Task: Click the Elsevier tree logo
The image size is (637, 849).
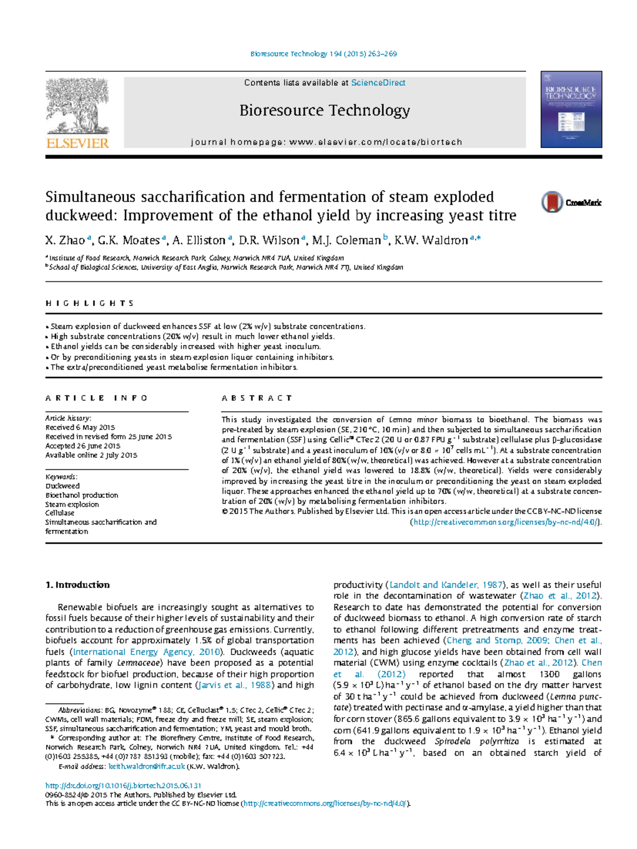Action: click(78, 106)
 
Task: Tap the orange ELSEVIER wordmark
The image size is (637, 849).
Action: click(78, 143)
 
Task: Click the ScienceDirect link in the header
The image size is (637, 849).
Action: click(378, 83)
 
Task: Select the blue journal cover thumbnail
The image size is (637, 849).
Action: click(571, 109)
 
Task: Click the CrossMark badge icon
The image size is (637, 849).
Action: click(552, 202)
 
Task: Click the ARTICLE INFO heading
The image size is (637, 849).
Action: click(96, 398)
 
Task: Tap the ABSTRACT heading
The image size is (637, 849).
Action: click(256, 398)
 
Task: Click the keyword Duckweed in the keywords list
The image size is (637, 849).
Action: click(63, 486)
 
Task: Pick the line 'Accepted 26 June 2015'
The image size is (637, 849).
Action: click(83, 446)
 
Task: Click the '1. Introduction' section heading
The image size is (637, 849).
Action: click(78, 585)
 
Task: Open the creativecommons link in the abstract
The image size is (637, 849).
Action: click(506, 522)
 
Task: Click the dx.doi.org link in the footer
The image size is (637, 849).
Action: click(123, 785)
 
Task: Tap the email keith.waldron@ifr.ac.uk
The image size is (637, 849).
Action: click(147, 766)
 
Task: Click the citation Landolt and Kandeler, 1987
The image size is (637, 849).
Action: click(446, 585)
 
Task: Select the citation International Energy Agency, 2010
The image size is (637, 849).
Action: click(147, 651)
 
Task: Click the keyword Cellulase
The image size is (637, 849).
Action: click(60, 513)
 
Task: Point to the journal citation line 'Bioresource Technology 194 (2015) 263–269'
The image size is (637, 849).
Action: click(323, 54)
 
